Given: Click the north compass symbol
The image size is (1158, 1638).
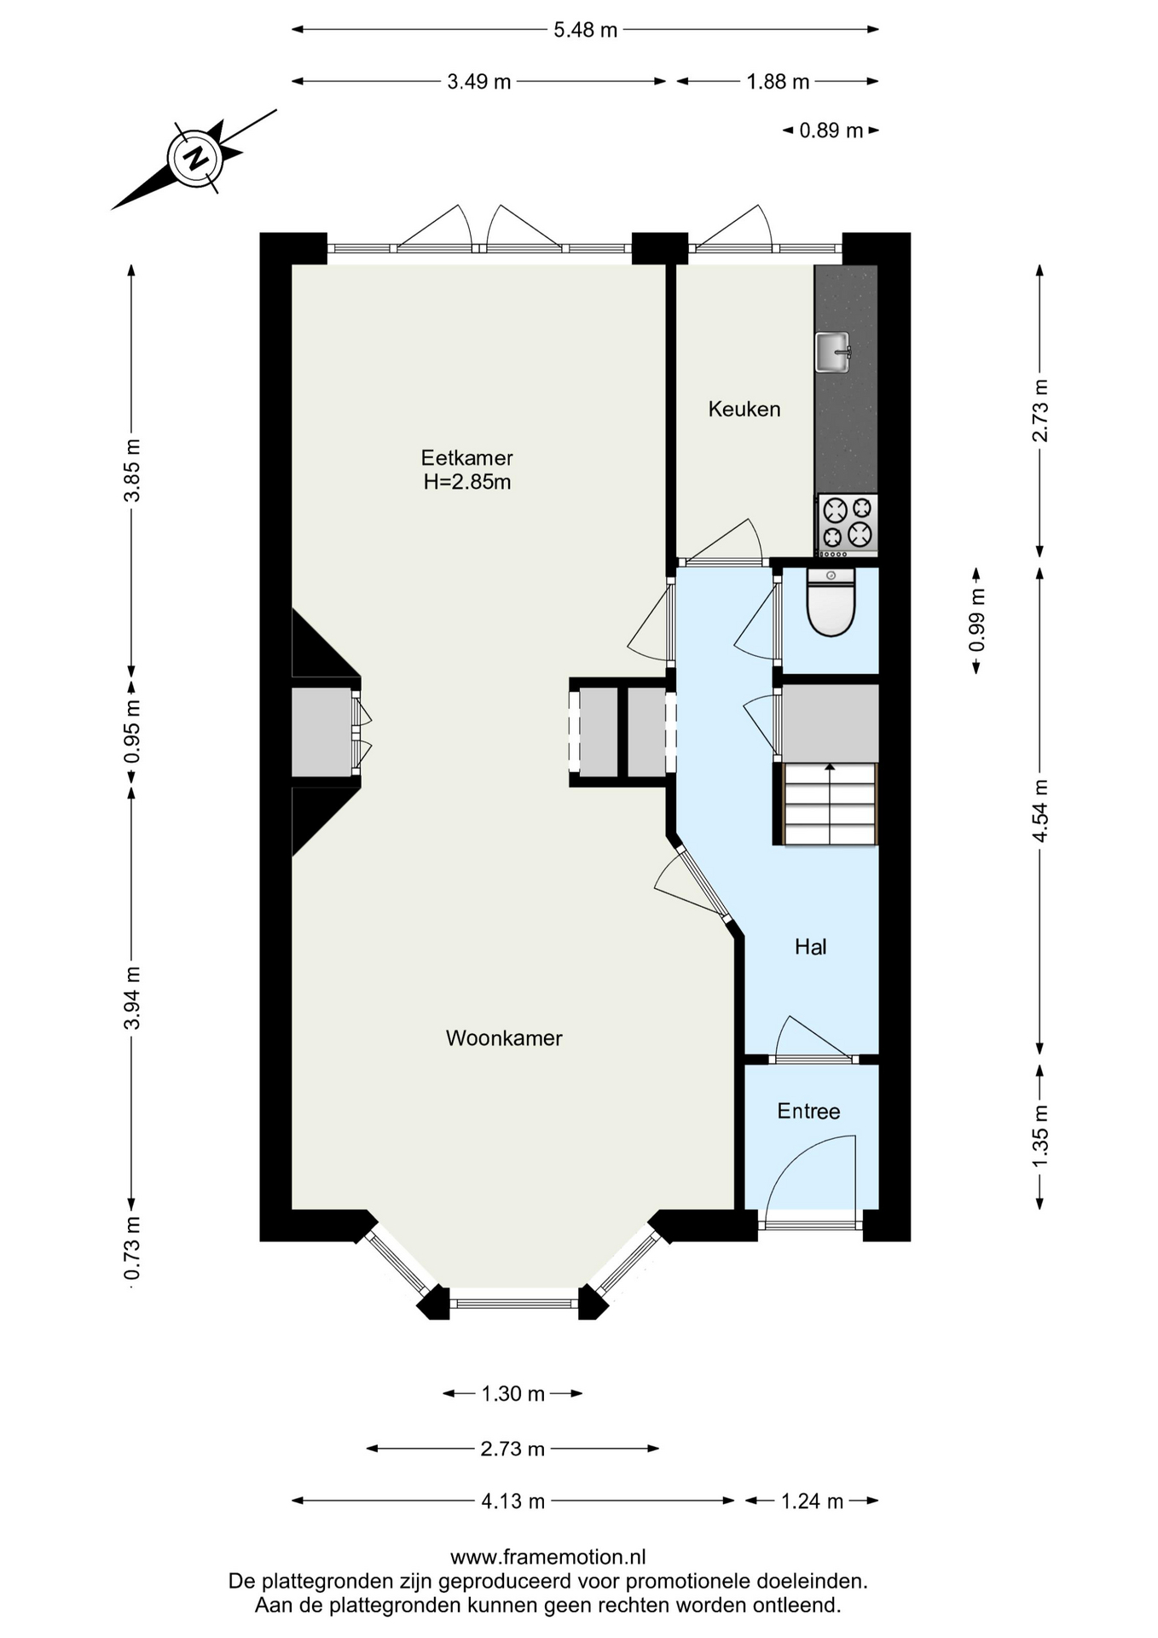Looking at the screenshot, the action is point(197,158).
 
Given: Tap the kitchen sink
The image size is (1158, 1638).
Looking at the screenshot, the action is point(832,351).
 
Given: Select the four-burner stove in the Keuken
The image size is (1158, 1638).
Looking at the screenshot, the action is point(848,524).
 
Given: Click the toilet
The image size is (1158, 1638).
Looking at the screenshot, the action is point(831,602).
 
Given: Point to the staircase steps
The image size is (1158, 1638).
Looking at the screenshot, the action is point(830,804).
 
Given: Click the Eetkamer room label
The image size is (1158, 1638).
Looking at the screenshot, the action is point(466,458).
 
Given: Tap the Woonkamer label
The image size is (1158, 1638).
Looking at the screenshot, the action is point(504,1038).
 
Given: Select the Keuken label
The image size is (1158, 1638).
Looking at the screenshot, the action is point(744,409).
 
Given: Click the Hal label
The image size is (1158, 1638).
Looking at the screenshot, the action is point(810,946).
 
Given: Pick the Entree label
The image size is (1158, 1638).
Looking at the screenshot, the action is point(808,1111).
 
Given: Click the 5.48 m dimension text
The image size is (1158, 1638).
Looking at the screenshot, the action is point(585,30).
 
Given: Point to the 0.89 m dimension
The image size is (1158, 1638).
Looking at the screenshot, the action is point(831,131).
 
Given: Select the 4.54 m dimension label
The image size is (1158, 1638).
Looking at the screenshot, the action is point(1040,810).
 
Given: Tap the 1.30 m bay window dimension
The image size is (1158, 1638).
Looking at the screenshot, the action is point(512,1394).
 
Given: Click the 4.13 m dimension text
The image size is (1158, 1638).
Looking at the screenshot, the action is point(512,1501).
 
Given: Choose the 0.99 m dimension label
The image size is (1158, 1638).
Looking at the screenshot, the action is point(977,620).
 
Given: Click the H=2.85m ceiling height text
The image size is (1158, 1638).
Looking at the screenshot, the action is point(467,482).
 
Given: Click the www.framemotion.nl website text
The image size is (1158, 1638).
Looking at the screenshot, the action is point(547,1557).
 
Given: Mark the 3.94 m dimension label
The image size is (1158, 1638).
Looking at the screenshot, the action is point(132,997).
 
